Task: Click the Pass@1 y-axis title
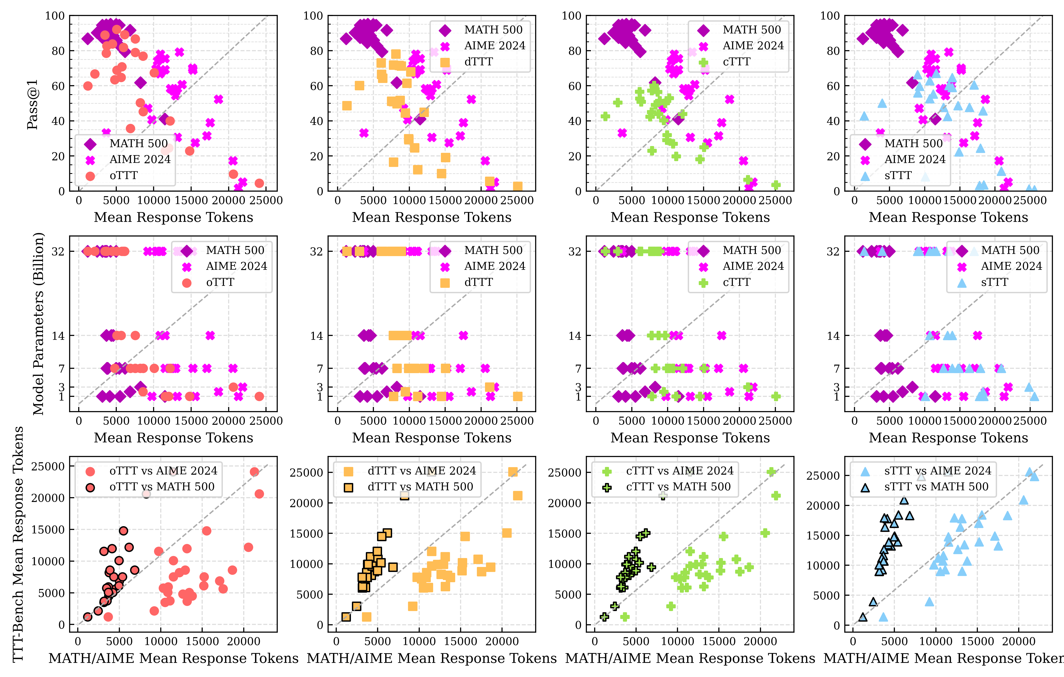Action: point(32,105)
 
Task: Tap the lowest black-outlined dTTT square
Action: point(346,617)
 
